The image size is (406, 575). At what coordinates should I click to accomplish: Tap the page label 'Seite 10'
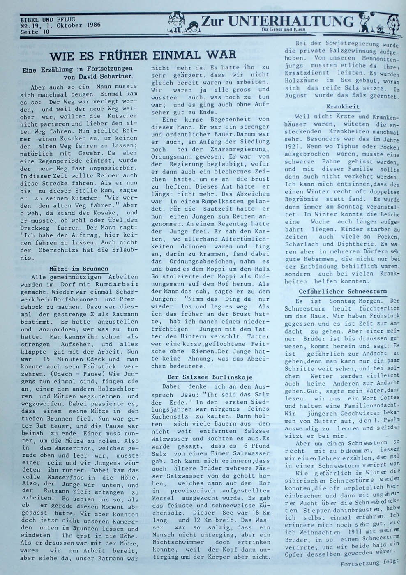pyautogui.click(x=35, y=32)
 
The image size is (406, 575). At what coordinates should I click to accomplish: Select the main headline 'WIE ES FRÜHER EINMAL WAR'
pyautogui.click(x=143, y=55)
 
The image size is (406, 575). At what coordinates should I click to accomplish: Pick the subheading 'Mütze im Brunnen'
pyautogui.click(x=79, y=269)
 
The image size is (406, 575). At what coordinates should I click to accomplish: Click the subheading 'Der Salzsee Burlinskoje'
pyautogui.click(x=210, y=377)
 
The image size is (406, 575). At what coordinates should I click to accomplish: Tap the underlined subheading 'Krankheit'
pyautogui.click(x=343, y=106)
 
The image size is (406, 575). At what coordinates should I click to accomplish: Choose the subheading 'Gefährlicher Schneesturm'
pyautogui.click(x=342, y=291)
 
